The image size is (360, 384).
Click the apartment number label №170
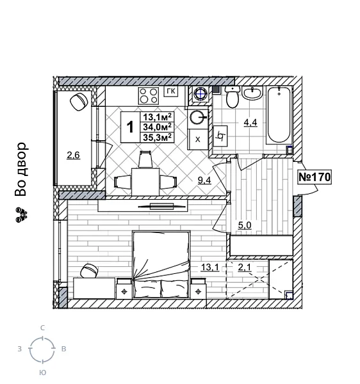point(314,177)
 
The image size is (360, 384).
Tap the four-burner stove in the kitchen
point(149,96)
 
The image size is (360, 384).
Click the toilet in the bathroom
point(233,99)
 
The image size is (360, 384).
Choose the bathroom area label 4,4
point(249,123)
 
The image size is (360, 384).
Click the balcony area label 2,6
point(73,155)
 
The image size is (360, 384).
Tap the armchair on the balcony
point(79,100)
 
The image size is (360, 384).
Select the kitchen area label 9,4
point(204,180)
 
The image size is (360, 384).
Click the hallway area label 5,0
point(245,225)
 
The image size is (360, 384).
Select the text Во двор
point(21,169)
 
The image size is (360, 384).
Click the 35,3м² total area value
point(157,137)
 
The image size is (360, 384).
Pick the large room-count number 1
point(130,127)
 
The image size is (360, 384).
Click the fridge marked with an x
point(197,139)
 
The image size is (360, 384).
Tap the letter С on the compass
point(43,328)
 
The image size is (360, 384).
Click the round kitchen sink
point(197,117)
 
